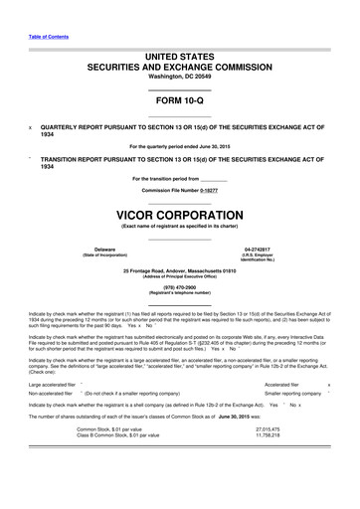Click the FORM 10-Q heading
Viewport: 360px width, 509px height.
[180, 102]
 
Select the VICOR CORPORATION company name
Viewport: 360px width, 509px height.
[180, 215]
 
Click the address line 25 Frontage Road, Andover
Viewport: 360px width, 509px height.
[180, 270]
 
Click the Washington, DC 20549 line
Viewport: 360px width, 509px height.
[180, 77]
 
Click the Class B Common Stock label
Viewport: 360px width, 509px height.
[124, 490]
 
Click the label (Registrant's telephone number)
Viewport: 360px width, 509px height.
[180, 295]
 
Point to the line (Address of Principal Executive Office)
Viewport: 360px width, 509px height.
[180, 276]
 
